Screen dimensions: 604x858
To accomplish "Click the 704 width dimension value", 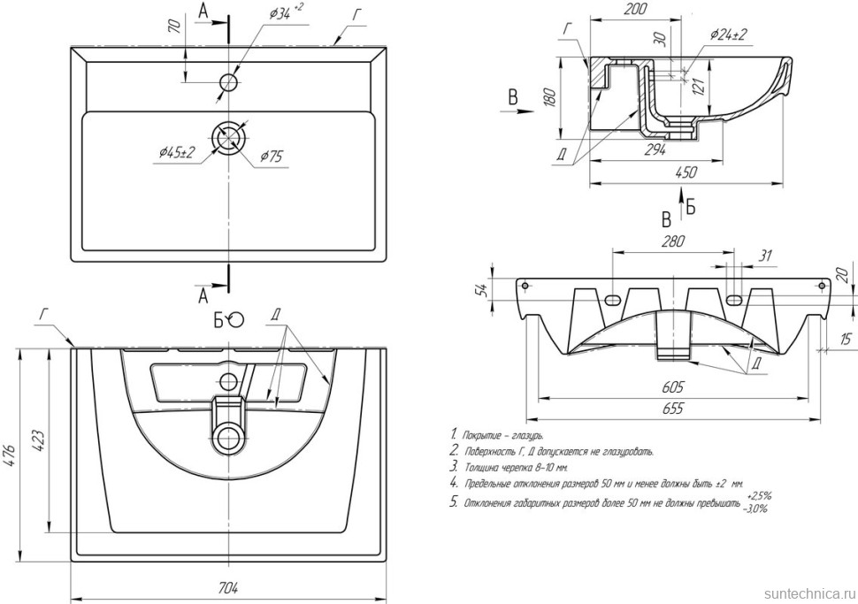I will point(228,587).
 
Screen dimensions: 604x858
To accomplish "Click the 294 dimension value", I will point(656,149).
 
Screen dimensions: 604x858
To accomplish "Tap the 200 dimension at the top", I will point(633,10).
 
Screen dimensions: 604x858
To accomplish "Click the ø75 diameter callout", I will point(270,157).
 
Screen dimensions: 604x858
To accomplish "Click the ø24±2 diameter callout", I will point(728,34).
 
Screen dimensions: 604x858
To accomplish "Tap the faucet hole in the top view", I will point(228,82).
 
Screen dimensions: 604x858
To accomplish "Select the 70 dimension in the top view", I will point(173,27).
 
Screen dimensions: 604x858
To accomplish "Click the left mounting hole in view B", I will point(525,287).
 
